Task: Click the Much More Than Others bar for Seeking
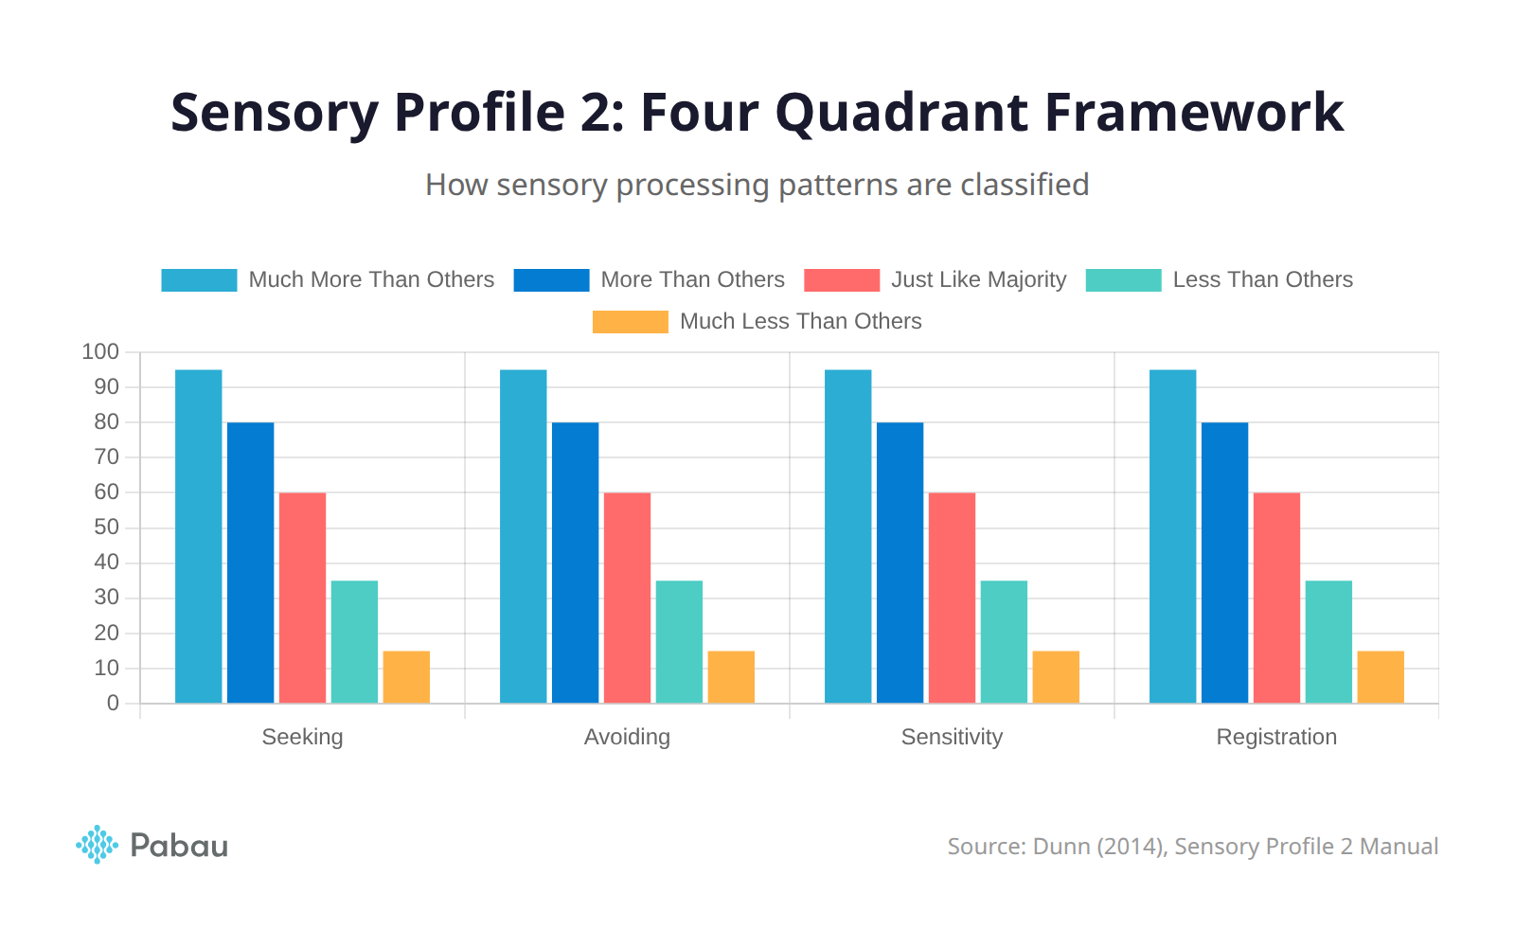point(199,536)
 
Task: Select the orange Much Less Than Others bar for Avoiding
point(731,677)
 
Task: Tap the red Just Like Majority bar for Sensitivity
point(952,598)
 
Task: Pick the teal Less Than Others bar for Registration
point(1328,641)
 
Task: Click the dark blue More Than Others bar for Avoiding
point(575,563)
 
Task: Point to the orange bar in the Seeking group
point(406,677)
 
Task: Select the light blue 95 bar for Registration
point(1172,536)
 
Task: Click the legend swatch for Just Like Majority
point(842,280)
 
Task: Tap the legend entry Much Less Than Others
point(800,322)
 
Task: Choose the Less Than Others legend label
point(1262,280)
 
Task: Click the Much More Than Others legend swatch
point(199,280)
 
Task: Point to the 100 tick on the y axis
point(100,352)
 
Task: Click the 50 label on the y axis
point(106,527)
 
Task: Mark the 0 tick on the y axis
point(113,704)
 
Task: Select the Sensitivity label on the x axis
point(952,737)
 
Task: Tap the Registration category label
point(1276,737)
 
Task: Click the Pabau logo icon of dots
point(97,845)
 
